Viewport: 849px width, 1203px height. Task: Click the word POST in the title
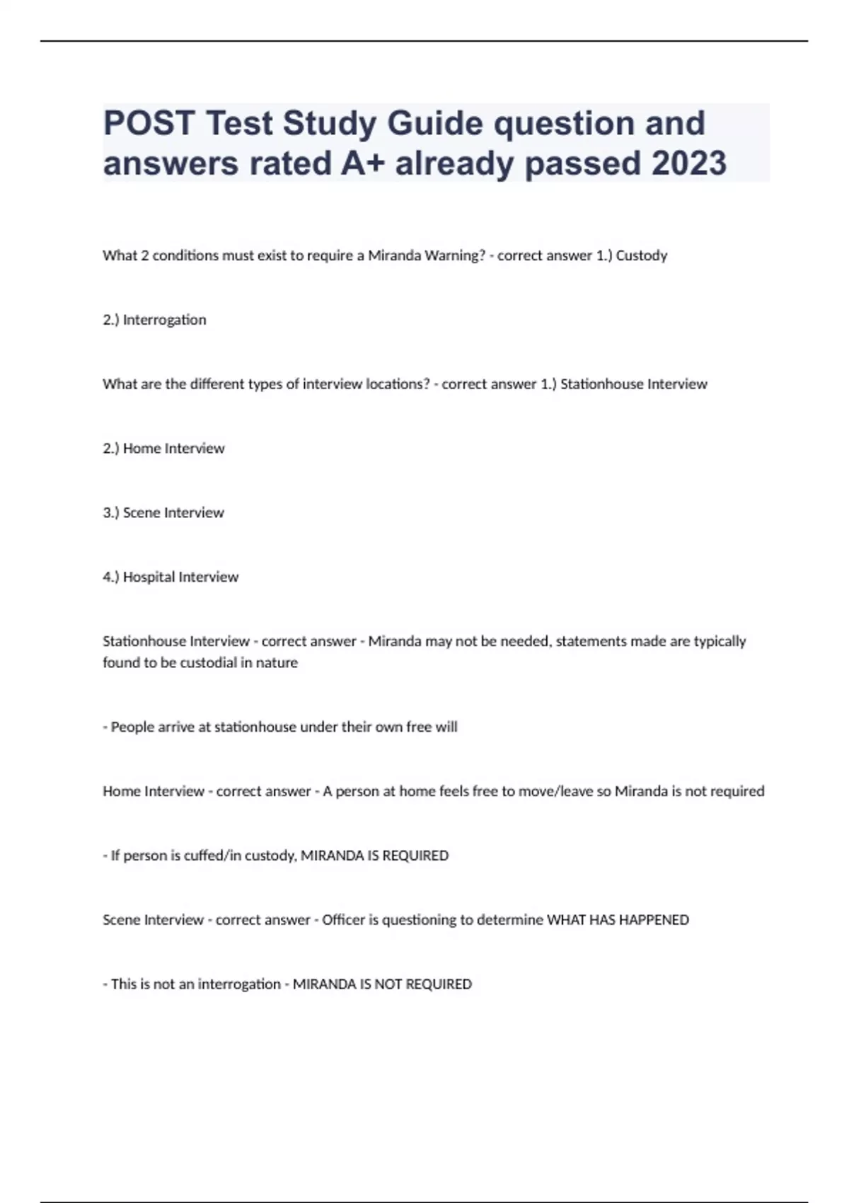[x=149, y=123]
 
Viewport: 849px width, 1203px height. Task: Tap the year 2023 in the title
[x=688, y=163]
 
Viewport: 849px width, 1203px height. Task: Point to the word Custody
[x=641, y=255]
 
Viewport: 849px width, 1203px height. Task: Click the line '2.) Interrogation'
[x=154, y=320]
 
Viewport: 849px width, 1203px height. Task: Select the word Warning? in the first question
[x=454, y=255]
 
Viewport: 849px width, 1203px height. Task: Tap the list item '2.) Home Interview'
[x=163, y=449]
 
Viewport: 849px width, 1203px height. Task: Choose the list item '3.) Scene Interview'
[x=163, y=513]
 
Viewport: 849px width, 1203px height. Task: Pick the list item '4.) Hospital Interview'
[x=171, y=577]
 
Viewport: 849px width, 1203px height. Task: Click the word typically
[x=720, y=641]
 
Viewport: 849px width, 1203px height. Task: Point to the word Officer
[x=343, y=920]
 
